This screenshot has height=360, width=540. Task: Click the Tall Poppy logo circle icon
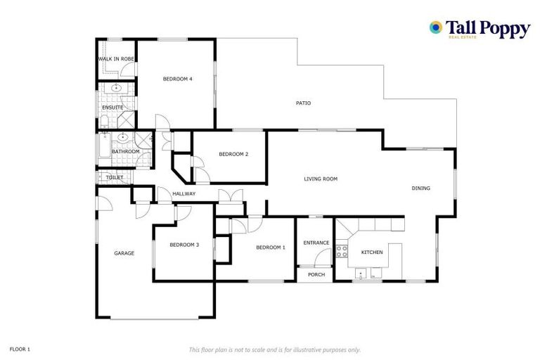tap(436, 27)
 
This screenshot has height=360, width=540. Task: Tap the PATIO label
tap(303, 103)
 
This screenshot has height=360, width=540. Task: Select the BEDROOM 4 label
tap(177, 79)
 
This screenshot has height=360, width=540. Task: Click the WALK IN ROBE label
tap(116, 59)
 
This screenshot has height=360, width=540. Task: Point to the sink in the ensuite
tap(115, 89)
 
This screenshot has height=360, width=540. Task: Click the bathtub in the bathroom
tap(102, 150)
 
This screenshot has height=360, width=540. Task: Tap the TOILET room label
tap(115, 178)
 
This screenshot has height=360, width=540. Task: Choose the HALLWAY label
tap(184, 194)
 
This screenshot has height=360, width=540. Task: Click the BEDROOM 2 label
tap(233, 154)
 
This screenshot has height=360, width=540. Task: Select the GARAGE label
tap(124, 253)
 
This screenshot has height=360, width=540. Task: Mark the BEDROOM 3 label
tap(184, 245)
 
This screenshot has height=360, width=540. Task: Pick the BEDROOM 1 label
tap(271, 247)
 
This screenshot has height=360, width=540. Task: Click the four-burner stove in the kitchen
tap(342, 249)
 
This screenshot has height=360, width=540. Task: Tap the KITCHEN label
tap(371, 252)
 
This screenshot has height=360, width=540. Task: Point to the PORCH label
tap(316, 274)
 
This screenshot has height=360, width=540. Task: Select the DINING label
tap(421, 188)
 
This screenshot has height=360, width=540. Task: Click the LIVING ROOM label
tap(321, 179)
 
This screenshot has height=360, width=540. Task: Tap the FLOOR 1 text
tap(20, 349)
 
